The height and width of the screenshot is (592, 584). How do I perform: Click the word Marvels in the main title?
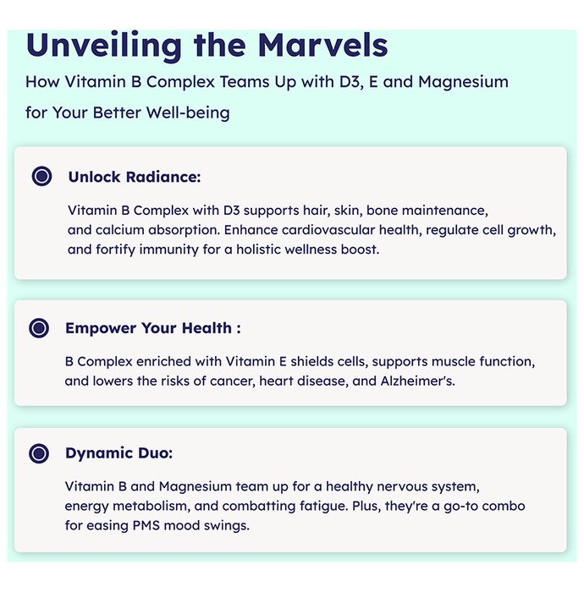(x=322, y=45)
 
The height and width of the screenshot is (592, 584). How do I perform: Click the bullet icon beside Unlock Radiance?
(x=41, y=176)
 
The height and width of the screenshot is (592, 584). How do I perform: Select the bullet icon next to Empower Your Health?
(x=39, y=328)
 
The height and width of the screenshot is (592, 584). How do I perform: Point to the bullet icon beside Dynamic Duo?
(x=39, y=453)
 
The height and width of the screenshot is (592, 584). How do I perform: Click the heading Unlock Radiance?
(x=135, y=177)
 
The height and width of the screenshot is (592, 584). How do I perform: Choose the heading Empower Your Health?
(x=153, y=328)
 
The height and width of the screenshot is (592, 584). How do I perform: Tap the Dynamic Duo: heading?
(x=119, y=453)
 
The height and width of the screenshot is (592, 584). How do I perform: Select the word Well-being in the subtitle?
(x=188, y=112)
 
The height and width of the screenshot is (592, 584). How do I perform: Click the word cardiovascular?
(x=328, y=230)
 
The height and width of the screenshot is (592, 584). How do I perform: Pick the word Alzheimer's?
(x=418, y=381)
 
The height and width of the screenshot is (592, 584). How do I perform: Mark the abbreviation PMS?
(x=146, y=525)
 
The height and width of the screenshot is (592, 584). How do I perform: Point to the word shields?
(x=311, y=361)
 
